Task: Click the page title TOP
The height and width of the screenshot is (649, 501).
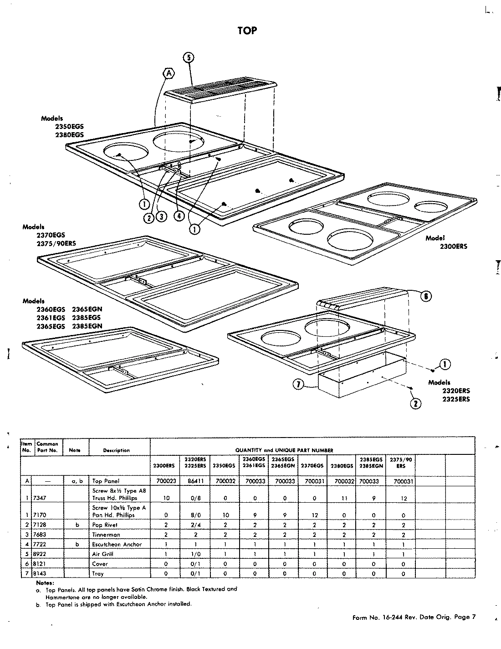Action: point(247,31)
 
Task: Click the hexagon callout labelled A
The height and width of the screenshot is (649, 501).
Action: point(169,73)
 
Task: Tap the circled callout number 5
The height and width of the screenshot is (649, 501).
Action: point(188,57)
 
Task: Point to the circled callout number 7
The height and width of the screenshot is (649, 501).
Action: point(298,385)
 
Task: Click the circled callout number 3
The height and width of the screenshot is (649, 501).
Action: point(161,217)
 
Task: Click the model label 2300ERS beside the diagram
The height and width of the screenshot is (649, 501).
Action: point(453,247)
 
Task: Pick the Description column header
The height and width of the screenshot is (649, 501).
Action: point(116,450)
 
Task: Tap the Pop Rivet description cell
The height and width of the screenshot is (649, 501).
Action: point(105,525)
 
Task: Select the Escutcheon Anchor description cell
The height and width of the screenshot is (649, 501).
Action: point(117,545)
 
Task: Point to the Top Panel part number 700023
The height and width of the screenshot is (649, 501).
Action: point(165,481)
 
